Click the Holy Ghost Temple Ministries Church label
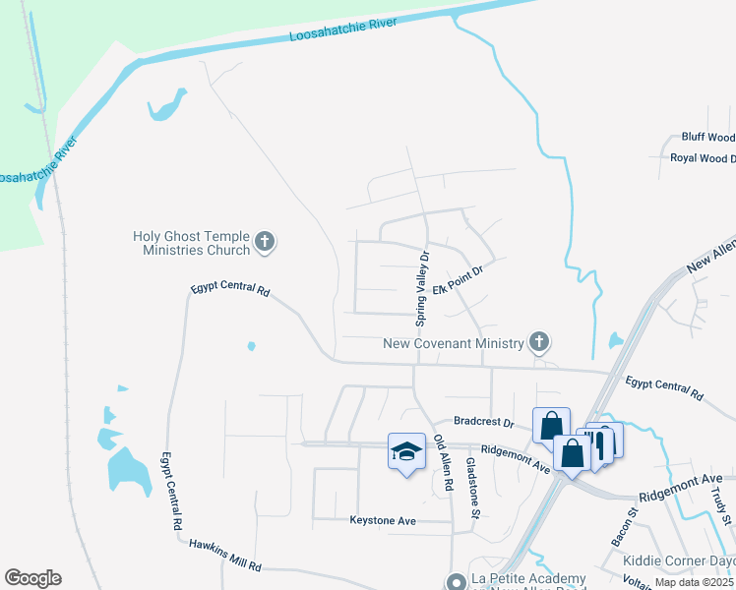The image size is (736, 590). (192, 242)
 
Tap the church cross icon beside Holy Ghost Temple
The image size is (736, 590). (264, 241)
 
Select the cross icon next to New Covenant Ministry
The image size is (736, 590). (538, 342)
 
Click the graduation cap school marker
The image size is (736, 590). (406, 450)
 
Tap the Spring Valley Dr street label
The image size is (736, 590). (422, 288)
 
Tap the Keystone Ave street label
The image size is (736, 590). (384, 519)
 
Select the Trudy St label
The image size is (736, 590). (726, 501)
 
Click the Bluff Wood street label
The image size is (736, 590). (707, 138)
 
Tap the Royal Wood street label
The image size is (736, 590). (702, 157)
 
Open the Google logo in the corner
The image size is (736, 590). (32, 578)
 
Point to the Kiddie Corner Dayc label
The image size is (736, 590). (678, 561)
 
